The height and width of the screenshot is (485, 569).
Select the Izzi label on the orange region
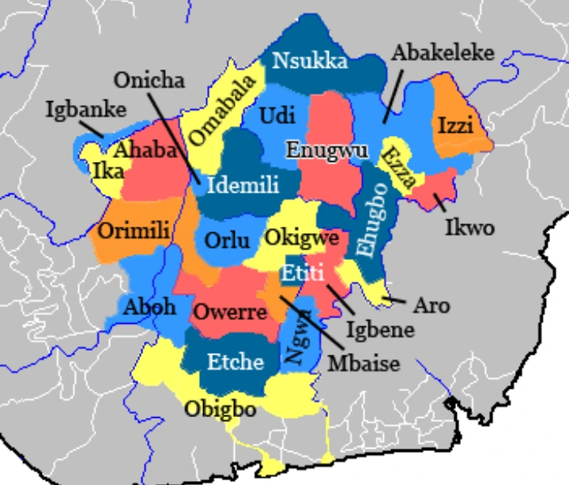tap(454, 125)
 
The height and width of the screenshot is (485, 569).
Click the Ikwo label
tap(469, 228)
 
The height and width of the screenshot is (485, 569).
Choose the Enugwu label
tap(323, 149)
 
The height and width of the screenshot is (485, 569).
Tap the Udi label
tap(277, 116)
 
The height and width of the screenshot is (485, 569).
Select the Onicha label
tap(149, 81)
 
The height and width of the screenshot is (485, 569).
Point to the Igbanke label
tap(86, 109)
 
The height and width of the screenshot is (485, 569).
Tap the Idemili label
tap(243, 186)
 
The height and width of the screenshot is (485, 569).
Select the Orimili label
tap(134, 232)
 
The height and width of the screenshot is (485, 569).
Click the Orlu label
tap(227, 240)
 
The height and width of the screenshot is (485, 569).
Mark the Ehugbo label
tap(370, 219)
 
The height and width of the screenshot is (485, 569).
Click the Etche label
tap(236, 362)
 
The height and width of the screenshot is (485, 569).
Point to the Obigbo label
tap(220, 409)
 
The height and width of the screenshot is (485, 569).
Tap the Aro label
tap(431, 305)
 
